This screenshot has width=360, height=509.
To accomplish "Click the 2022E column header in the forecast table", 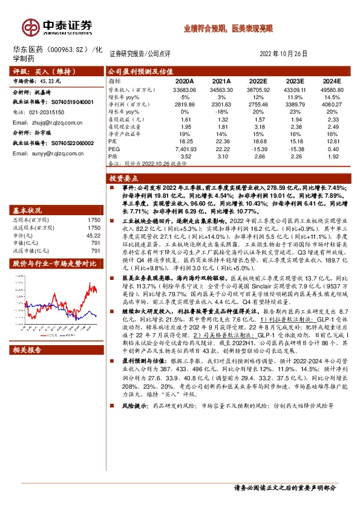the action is (x=258, y=80).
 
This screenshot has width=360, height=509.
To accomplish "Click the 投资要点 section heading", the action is (x=123, y=179).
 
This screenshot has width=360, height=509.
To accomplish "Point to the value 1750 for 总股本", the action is (x=94, y=220).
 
